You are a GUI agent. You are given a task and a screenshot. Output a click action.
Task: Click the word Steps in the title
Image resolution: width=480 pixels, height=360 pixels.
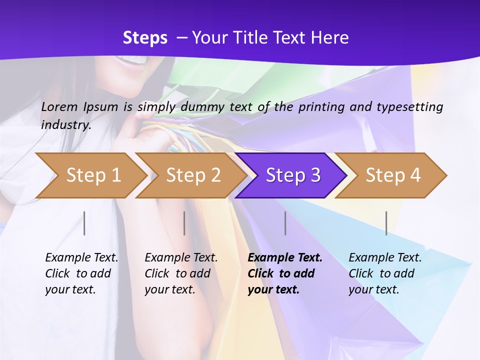145,38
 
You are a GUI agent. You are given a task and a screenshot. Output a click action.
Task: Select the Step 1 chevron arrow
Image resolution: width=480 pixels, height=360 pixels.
92,175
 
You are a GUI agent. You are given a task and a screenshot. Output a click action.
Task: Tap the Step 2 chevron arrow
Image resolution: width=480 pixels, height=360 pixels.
192,175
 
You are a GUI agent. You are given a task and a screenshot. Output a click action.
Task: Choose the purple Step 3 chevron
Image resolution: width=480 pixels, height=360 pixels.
292,175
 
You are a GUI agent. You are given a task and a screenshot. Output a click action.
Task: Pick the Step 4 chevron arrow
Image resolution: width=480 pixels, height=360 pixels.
392,175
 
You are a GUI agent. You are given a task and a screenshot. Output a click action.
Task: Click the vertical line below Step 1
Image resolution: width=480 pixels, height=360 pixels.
84,223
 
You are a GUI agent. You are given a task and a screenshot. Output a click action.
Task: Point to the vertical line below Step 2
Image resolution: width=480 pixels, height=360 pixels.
184,223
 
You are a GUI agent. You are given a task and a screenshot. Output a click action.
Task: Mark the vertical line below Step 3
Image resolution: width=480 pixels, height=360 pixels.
285,223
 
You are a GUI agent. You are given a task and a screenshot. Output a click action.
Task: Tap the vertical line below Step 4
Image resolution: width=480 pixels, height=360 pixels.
386,223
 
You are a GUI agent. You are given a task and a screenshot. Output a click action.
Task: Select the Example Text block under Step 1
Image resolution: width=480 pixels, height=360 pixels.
81,273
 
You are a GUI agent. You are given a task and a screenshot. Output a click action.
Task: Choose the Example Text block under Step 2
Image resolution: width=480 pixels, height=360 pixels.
181,273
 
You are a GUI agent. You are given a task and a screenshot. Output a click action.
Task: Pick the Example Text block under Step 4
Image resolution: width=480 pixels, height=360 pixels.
385,273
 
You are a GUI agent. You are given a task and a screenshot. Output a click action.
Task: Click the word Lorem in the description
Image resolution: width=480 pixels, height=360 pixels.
59,106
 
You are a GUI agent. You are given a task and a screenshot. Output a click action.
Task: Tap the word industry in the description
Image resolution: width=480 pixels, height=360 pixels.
65,125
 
